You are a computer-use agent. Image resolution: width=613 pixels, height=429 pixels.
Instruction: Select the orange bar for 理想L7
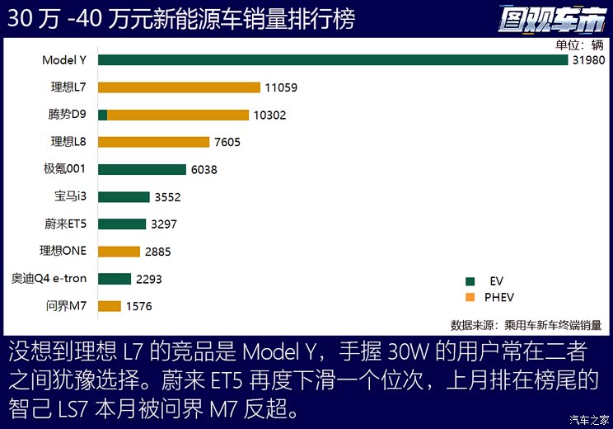click(179, 87)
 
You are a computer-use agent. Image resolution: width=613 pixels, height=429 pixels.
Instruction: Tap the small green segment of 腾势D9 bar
click(102, 115)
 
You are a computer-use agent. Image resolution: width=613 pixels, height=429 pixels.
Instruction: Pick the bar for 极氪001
click(142, 169)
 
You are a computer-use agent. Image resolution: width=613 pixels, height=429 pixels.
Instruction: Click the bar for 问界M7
click(110, 306)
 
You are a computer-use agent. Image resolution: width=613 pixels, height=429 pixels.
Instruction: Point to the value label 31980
click(588, 60)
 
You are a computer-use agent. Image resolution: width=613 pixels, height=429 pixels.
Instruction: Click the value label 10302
click(269, 115)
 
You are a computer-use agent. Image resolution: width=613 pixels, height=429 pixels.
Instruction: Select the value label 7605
click(227, 143)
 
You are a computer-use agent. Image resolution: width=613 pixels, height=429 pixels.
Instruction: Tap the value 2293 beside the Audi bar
click(148, 279)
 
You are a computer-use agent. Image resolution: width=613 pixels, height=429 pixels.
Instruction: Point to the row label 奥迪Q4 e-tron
click(49, 278)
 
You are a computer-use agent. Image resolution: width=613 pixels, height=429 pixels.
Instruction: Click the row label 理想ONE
click(63, 251)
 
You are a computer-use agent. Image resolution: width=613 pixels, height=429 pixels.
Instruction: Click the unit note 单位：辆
click(580, 45)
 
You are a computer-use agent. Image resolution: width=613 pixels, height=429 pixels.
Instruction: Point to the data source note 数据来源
click(526, 324)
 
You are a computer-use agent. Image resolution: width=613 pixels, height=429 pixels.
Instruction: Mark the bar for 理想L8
click(153, 142)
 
